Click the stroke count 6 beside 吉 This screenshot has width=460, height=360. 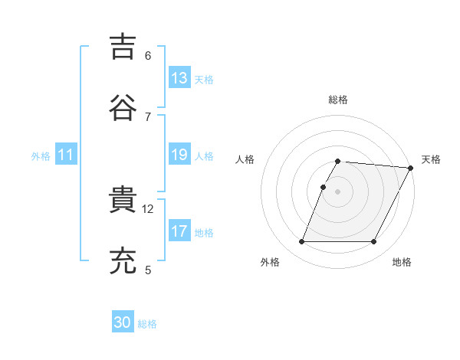[x=148, y=55]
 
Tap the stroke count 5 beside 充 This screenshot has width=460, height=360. [x=148, y=270]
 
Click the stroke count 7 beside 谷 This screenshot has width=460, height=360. [x=148, y=116]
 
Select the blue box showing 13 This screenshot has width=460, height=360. [x=179, y=78]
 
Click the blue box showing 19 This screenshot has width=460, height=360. [x=179, y=155]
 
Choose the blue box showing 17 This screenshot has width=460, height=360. [x=179, y=231]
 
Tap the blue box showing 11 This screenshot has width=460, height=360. [x=66, y=155]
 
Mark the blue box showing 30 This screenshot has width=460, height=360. [x=123, y=322]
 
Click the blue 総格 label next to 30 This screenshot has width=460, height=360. [x=148, y=324]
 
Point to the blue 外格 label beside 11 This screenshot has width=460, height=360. [x=41, y=156]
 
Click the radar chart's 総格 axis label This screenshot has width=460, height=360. [x=338, y=100]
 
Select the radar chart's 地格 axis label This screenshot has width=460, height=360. [x=402, y=263]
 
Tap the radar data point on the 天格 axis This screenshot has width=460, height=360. [x=411, y=168]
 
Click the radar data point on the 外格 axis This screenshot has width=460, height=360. [x=302, y=242]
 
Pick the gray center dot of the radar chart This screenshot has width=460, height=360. [x=338, y=191]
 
